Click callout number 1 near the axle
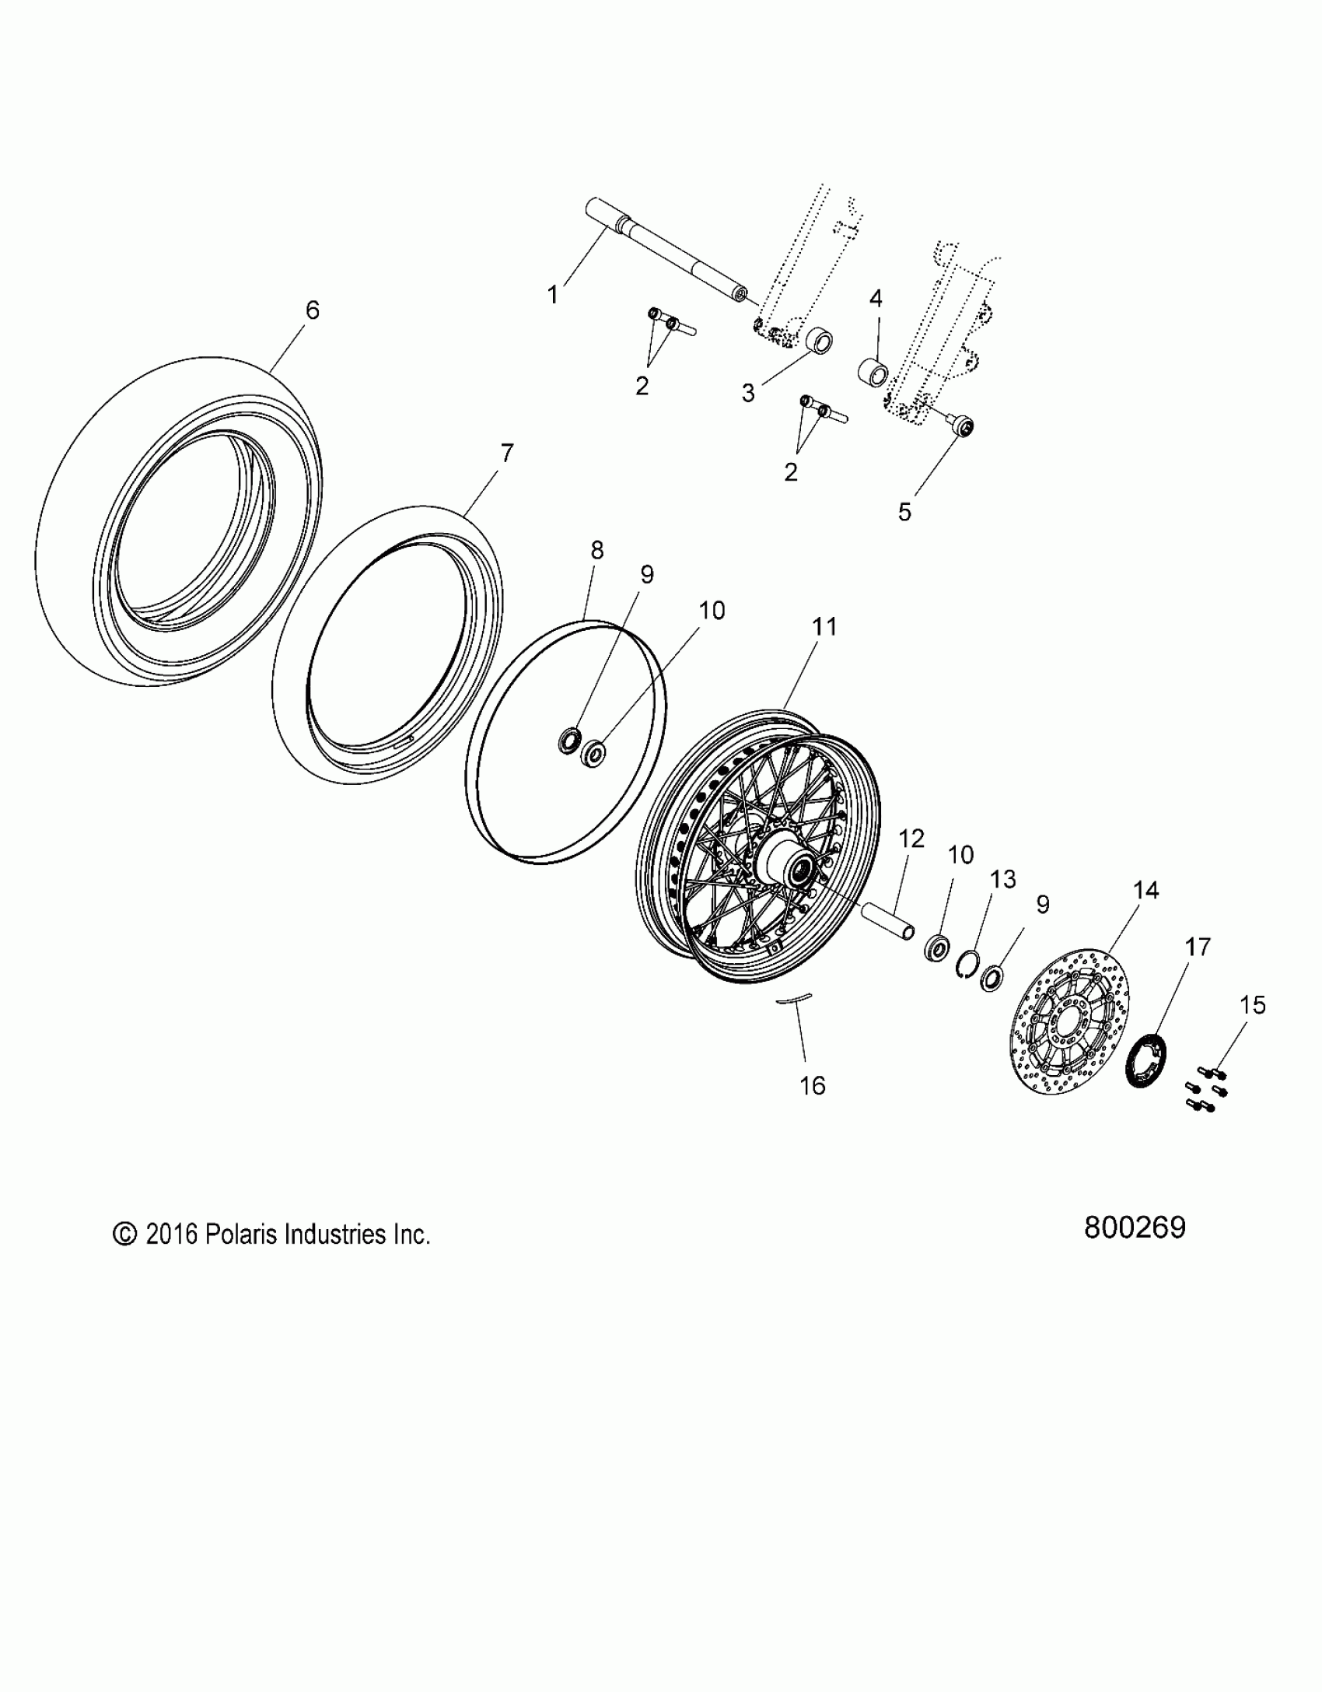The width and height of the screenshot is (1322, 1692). coord(553,296)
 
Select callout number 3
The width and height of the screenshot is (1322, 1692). coord(748,394)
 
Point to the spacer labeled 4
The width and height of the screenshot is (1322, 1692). coord(873,371)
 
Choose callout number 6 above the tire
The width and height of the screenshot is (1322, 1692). coord(312,310)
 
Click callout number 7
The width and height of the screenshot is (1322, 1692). coord(506,453)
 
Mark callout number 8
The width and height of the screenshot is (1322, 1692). coord(596,551)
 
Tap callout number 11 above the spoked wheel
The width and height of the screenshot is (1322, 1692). coord(824,626)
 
